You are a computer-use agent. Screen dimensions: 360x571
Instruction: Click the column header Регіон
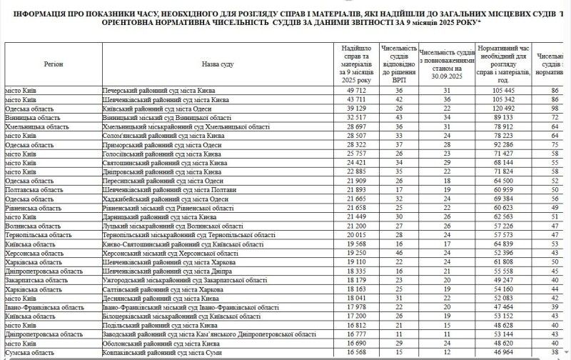53,64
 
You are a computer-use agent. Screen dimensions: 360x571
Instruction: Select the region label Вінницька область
28,117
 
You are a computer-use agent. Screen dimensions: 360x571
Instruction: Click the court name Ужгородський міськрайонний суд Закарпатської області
188,280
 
